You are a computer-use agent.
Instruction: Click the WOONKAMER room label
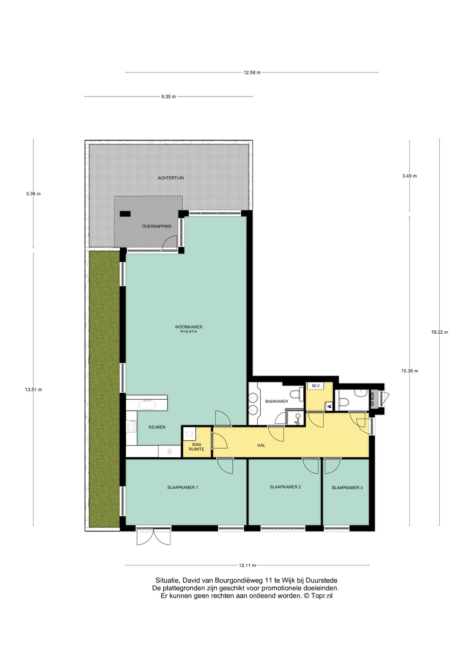coord(188,327)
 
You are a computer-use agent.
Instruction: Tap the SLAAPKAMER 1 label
coord(183,487)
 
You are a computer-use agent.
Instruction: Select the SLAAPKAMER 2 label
coord(285,487)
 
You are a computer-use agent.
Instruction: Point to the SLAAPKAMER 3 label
coord(347,487)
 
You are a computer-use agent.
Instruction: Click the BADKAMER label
coord(276,401)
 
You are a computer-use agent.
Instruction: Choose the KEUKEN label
coord(157,427)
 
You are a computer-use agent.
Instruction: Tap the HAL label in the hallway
coord(261,445)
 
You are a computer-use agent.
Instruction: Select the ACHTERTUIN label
coord(171,178)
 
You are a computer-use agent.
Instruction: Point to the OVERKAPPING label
coord(156,226)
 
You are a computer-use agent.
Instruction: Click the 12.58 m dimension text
coord(252,73)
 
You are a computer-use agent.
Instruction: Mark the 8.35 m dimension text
coord(168,97)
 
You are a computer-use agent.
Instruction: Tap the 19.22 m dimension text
coord(439,332)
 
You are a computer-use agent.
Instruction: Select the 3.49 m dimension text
coord(410,176)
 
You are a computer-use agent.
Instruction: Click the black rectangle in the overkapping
coord(125,214)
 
